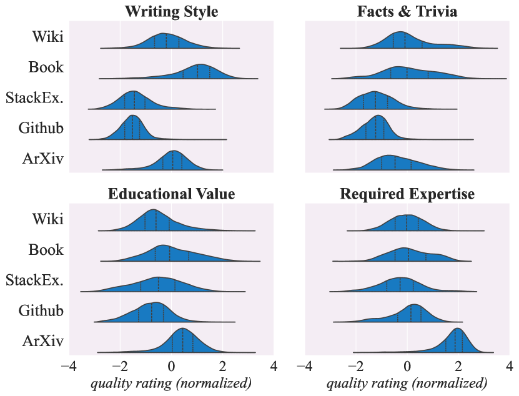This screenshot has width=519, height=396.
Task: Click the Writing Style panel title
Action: tap(171, 11)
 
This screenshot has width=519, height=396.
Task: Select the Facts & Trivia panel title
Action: tap(407, 11)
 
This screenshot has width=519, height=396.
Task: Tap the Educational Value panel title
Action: tap(171, 194)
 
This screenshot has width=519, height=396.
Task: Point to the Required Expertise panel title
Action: tap(407, 194)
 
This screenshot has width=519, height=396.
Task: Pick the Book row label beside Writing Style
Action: tap(46, 67)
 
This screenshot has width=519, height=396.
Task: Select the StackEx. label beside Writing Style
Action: tap(34, 97)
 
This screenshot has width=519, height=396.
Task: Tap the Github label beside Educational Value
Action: tap(41, 310)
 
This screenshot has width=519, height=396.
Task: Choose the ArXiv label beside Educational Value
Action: tap(42, 341)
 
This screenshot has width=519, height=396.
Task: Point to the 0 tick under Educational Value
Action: tap(171, 365)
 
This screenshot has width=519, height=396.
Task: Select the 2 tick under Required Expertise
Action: tap(458, 365)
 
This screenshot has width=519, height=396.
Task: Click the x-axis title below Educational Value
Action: tap(171, 383)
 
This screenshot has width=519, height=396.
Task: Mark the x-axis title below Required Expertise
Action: tap(407, 383)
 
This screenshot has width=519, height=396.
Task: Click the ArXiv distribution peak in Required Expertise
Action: tap(458, 329)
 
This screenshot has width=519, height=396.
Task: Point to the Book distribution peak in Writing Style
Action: tap(200, 65)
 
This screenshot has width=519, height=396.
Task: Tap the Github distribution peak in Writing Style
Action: tap(132, 116)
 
